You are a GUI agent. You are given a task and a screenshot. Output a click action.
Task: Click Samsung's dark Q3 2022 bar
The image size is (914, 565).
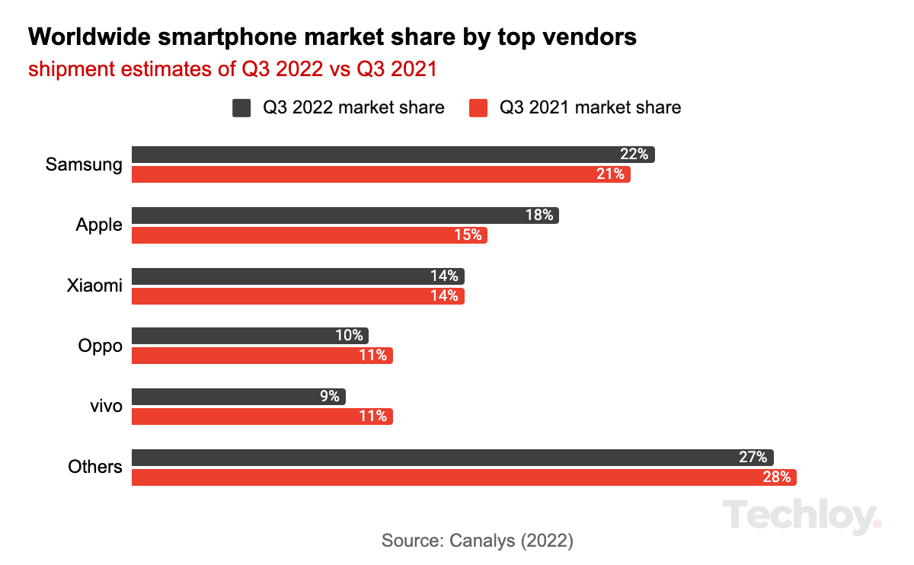point(393,155)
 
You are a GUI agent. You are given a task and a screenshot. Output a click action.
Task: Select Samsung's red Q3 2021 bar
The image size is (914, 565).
point(381,174)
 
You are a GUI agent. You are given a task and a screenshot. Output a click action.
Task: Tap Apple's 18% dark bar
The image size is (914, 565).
point(345,215)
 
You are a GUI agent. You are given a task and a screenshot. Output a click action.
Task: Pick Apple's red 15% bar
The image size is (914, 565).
point(309,235)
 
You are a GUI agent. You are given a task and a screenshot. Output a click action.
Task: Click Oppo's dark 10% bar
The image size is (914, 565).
point(250,336)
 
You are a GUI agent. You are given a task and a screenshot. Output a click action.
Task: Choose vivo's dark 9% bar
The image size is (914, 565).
point(238,397)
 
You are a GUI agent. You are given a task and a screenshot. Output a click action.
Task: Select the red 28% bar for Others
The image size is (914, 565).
point(464,477)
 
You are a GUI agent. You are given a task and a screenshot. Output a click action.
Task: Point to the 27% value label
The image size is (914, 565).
point(752,458)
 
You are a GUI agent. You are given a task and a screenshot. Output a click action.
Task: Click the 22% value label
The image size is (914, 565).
point(634,155)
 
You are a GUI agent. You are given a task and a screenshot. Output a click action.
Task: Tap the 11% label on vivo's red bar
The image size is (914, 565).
point(372,417)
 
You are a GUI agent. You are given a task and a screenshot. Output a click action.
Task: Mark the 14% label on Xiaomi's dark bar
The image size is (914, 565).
point(443,276)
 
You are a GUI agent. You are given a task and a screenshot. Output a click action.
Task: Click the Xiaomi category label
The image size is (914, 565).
point(94,286)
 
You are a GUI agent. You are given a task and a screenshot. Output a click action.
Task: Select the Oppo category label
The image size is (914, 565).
point(100,346)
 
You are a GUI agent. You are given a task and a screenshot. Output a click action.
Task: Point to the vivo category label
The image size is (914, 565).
point(105,406)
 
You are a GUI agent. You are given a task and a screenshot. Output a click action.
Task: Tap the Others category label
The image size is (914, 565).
point(94,467)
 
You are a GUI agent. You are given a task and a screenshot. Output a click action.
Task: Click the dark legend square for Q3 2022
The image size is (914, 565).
point(241,108)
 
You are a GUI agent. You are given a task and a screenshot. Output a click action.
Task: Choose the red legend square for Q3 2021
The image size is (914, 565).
point(478,108)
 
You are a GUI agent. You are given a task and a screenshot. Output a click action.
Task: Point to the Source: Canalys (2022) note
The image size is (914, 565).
point(477,541)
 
